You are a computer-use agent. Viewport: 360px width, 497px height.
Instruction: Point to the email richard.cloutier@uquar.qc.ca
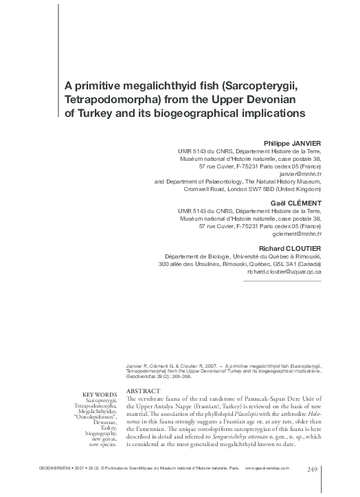(284, 272)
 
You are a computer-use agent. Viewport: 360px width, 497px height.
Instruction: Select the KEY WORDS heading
(100, 394)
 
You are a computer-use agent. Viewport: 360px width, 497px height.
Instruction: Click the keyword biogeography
(98, 434)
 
